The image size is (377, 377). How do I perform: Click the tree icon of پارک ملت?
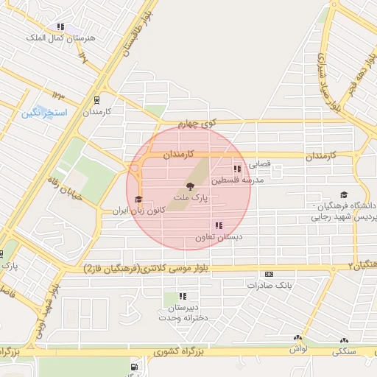(190, 187)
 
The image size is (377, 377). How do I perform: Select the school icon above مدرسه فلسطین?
(237, 169)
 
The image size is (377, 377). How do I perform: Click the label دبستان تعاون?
(219, 238)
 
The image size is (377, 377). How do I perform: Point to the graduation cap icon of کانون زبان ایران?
(138, 200)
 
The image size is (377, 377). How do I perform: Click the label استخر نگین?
(43, 113)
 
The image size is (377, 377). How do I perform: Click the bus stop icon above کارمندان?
(97, 100)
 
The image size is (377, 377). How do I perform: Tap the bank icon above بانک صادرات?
(268, 274)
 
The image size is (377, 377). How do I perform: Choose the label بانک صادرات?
(278, 284)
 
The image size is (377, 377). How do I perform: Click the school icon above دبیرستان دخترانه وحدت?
(183, 296)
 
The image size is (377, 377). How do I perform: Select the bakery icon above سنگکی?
(344, 340)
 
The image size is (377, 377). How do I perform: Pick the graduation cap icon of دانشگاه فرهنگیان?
(345, 194)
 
